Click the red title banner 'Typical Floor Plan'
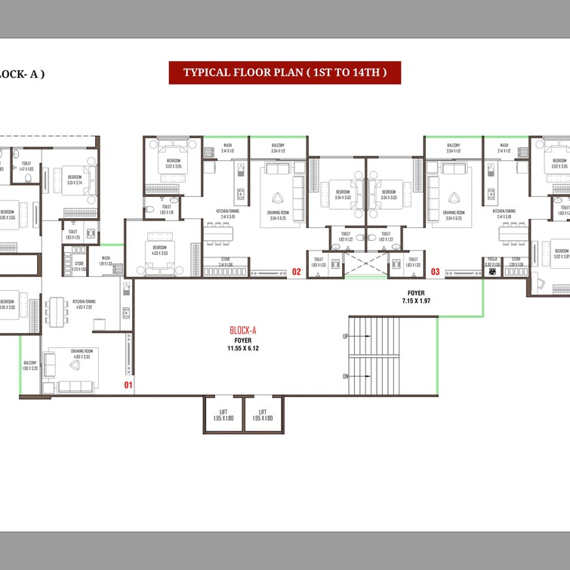coord(285,72)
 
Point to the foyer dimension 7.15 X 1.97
coord(416,300)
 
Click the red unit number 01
coord(128,386)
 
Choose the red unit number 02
coord(297,271)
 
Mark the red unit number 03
coord(435,271)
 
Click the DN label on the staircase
coord(346,375)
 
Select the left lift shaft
coord(223,415)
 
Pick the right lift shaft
coord(263,415)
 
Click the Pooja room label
coord(492,260)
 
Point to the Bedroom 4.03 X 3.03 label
coord(160,250)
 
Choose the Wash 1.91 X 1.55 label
coord(106,260)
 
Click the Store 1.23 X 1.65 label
coord(79,266)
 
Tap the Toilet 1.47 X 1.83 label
coord(26,166)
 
